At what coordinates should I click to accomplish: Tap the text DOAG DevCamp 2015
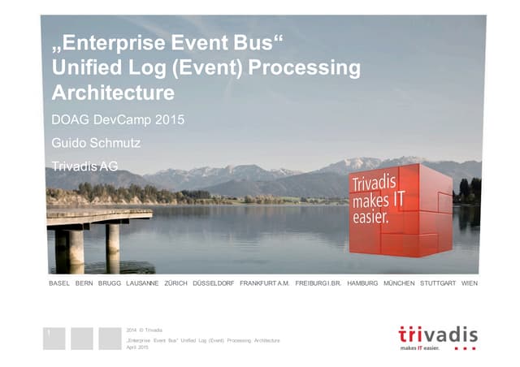pos(118,121)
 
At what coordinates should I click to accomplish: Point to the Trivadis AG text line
pos(84,166)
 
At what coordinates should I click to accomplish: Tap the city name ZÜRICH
pos(175,283)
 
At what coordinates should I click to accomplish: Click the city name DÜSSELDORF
pos(214,283)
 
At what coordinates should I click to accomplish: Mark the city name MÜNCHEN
pos(399,283)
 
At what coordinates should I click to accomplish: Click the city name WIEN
pos(469,283)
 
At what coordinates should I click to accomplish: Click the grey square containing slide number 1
pos(54,338)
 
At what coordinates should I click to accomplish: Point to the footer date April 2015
pos(138,348)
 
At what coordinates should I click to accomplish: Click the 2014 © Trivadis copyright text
pos(145,329)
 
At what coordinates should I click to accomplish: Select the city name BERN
pos(84,283)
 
